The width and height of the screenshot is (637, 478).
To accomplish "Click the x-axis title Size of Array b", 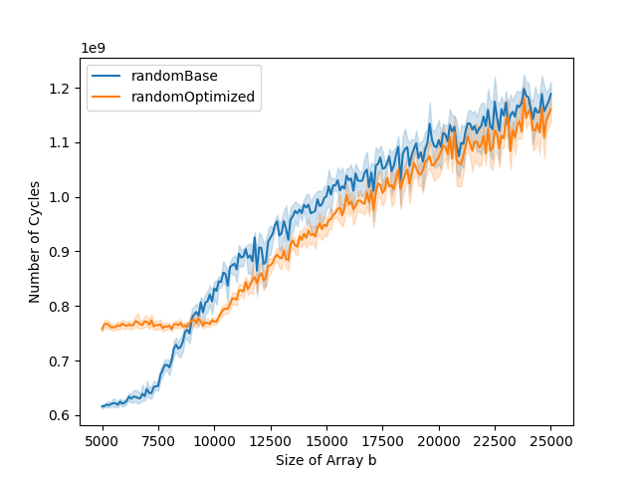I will (326, 460).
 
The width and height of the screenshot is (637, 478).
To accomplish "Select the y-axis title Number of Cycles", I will (35, 242).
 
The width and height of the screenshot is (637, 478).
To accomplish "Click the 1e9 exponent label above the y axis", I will (93, 48).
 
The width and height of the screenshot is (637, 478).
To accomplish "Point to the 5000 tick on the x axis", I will (103, 438).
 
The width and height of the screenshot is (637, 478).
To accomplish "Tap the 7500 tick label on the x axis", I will (158, 438).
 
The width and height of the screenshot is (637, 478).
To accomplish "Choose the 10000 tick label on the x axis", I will (215, 438).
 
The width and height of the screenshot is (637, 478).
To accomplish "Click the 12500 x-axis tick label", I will (271, 438).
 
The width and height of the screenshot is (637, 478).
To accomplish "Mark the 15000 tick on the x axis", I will (327, 438).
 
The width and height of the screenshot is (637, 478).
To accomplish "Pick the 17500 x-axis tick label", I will (383, 438).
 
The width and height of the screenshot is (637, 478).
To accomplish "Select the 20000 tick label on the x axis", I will (440, 438).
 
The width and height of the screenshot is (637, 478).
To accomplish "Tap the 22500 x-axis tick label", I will (496, 438).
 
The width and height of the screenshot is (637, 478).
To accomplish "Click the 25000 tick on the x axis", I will (551, 438).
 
